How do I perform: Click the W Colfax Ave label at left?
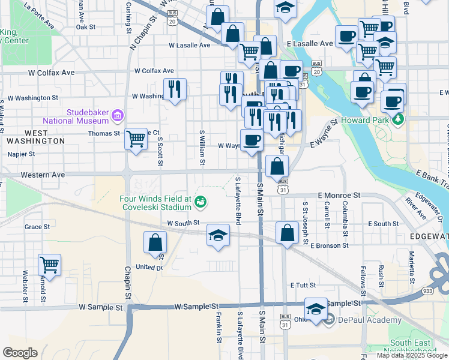(51, 72)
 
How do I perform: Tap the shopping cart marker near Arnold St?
(49, 264)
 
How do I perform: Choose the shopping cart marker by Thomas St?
(136, 139)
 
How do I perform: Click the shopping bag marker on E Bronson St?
(288, 232)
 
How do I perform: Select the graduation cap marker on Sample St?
(316, 308)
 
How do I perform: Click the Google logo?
(20, 353)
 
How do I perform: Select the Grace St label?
(37, 227)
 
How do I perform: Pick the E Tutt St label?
(304, 286)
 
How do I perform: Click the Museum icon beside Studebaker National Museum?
(117, 115)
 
